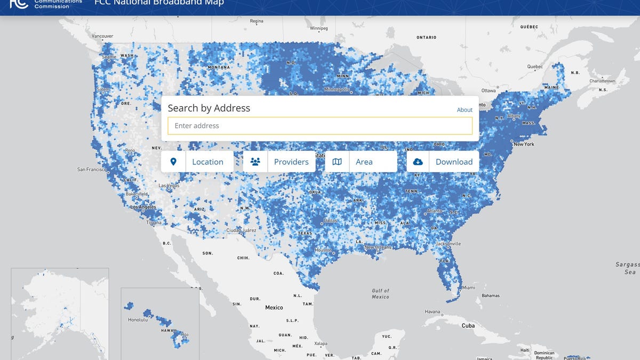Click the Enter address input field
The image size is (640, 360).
point(319,126)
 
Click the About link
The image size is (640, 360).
point(465,110)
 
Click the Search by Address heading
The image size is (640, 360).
point(209,108)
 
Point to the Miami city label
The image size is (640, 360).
point(469,287)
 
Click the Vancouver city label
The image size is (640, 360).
point(102,36)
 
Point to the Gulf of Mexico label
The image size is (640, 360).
point(380,293)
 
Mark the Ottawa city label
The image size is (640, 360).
point(489,91)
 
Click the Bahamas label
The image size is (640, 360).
point(490,295)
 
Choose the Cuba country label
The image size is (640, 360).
point(468,325)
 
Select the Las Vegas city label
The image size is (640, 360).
point(169,186)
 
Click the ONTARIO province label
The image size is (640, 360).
point(426,37)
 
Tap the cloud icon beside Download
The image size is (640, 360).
point(418,162)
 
